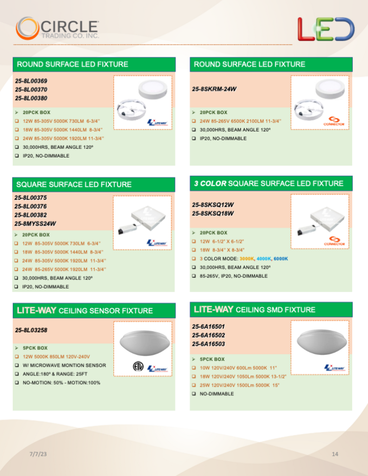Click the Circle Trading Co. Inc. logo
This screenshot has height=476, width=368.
57,28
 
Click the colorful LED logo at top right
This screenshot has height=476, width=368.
325,28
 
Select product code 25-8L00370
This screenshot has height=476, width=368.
31,89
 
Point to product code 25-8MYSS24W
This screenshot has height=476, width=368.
35,224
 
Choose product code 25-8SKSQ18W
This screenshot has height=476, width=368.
213,214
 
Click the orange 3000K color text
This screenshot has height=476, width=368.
247,259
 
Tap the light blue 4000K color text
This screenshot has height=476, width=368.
263,259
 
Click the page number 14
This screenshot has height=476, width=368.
335,454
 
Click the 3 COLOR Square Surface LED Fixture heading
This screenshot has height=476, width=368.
269,183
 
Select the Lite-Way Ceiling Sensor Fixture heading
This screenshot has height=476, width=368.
85,311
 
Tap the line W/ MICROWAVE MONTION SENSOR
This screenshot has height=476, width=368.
64,365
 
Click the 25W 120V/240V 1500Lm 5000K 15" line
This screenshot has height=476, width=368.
239,385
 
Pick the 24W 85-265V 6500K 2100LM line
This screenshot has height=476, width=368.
240,121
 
